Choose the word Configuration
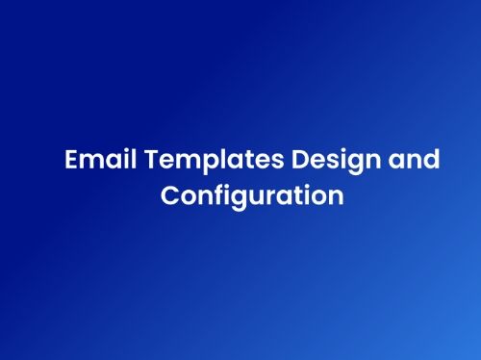pyautogui.click(x=252, y=196)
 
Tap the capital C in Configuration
pyautogui.click(x=170, y=195)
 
